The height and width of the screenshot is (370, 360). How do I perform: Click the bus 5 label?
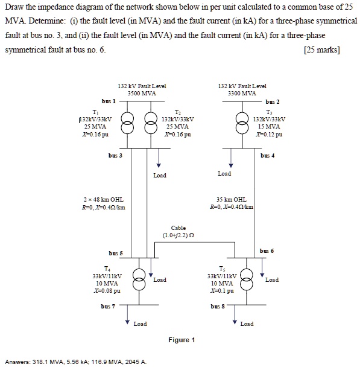tap(116, 252)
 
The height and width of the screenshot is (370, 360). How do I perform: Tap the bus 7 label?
tap(116, 307)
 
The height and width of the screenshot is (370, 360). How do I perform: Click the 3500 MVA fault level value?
tap(142, 94)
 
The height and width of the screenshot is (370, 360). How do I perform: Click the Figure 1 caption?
tap(182, 340)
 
